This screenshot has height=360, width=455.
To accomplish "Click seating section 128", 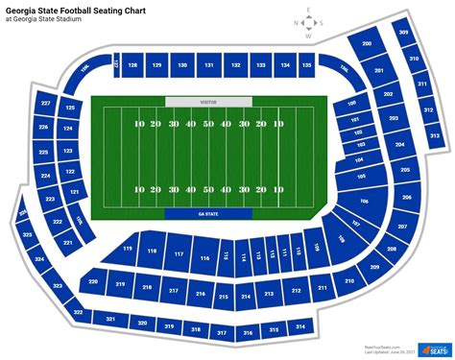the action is (x=132, y=65).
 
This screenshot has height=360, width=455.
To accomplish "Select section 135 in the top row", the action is (x=306, y=65).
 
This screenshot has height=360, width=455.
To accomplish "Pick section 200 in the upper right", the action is (x=367, y=44).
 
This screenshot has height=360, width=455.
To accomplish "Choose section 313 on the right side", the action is (x=434, y=136).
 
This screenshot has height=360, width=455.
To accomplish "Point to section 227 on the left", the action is (x=46, y=103).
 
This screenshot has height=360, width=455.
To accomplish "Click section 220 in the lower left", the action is (x=93, y=282).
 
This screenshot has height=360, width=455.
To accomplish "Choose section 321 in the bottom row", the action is (x=110, y=319).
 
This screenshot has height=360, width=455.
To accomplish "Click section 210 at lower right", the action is (x=348, y=280).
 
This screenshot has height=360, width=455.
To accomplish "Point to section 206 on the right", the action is (x=406, y=197).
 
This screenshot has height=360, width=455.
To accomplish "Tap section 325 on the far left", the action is (x=26, y=235).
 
